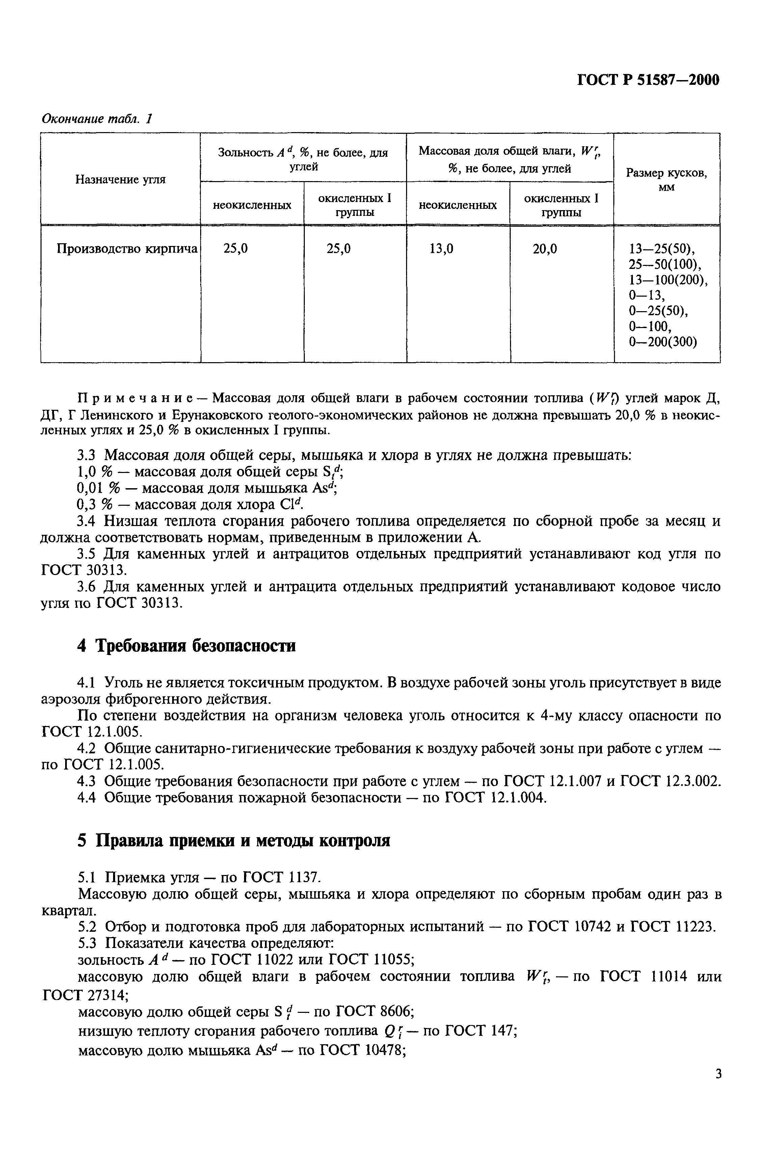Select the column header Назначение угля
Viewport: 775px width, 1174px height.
tap(120, 180)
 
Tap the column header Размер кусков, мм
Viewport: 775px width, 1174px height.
tap(666, 180)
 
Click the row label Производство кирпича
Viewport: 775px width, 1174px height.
tap(127, 248)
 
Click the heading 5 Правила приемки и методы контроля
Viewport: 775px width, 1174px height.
tap(234, 840)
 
